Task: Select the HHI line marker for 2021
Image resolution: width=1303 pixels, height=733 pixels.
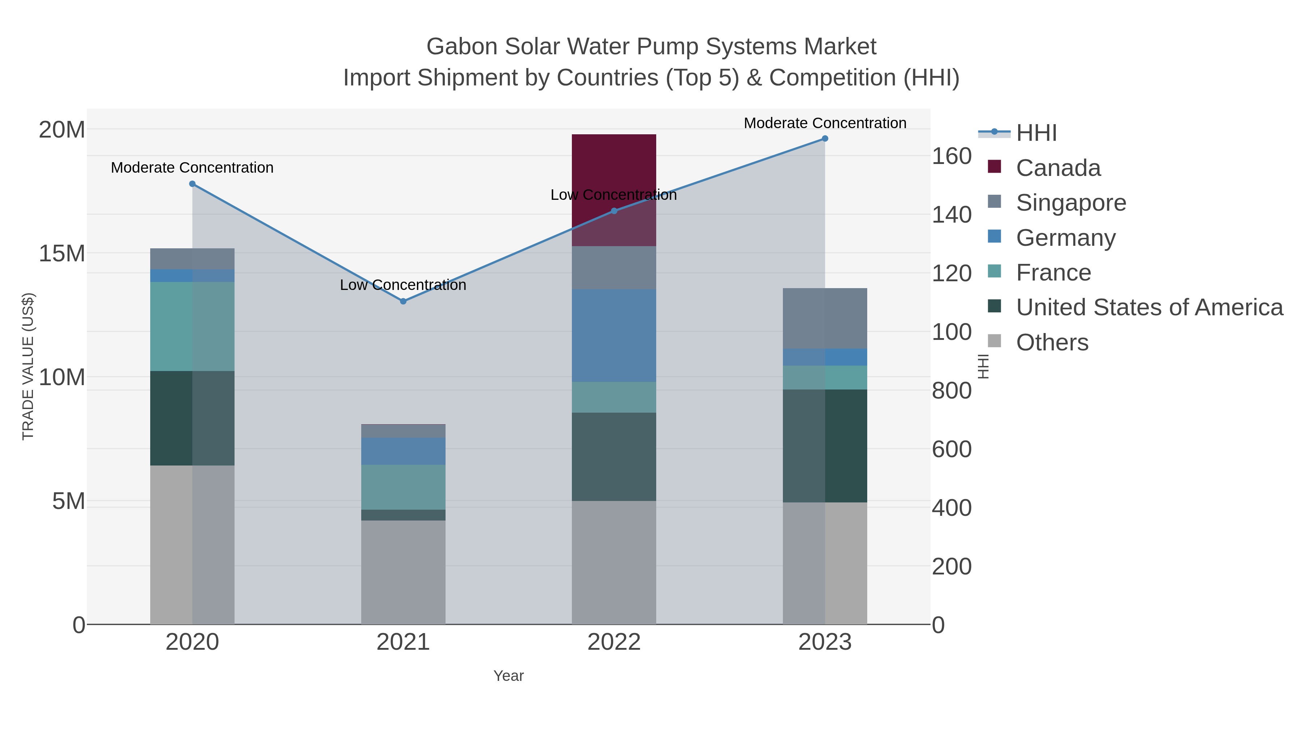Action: point(403,302)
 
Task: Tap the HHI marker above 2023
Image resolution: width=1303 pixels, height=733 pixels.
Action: point(825,139)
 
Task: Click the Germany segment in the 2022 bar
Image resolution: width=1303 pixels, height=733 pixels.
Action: point(613,336)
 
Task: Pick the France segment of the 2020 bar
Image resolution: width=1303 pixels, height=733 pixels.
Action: point(192,326)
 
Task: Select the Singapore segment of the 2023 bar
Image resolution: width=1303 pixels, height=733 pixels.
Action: point(825,318)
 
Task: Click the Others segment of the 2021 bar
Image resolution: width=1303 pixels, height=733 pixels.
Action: point(403,572)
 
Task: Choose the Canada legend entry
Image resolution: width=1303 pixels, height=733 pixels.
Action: point(1058,168)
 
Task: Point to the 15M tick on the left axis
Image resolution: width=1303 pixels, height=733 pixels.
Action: point(62,253)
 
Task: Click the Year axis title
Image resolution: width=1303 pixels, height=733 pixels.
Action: point(509,676)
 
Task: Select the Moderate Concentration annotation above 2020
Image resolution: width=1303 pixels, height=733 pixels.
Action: point(192,168)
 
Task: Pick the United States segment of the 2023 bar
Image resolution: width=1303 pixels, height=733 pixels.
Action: point(825,446)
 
